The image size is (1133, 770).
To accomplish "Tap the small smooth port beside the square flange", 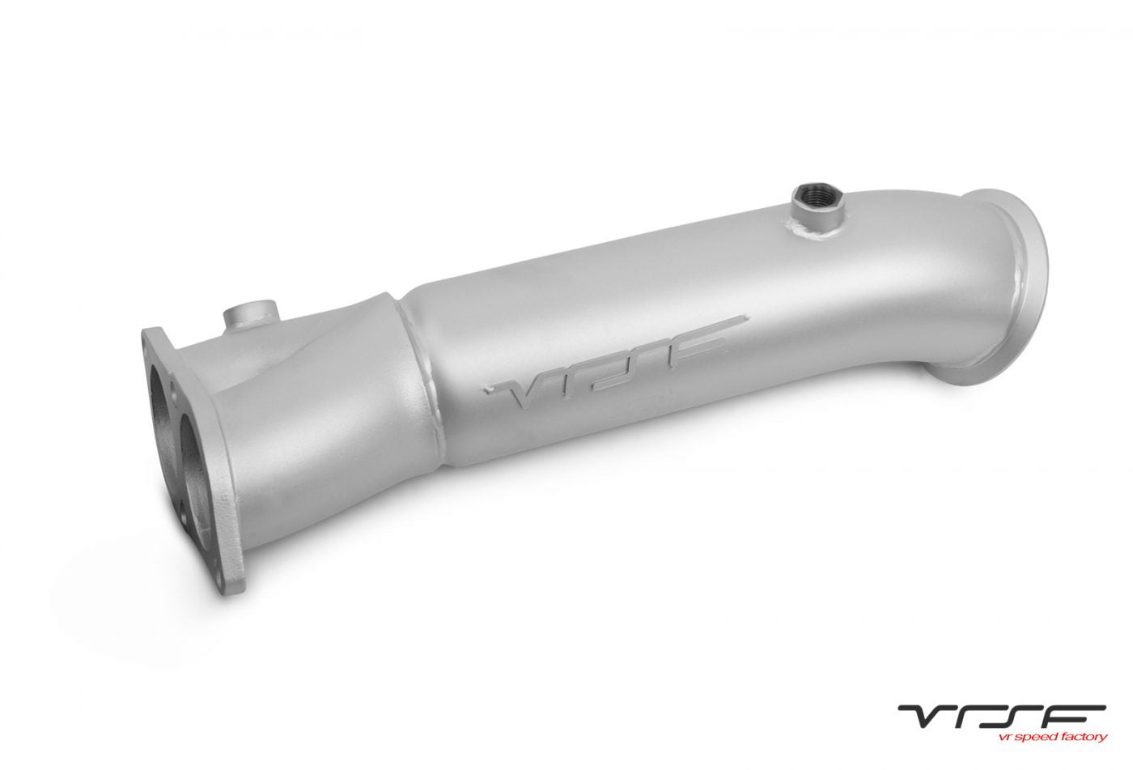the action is pyautogui.click(x=249, y=317).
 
